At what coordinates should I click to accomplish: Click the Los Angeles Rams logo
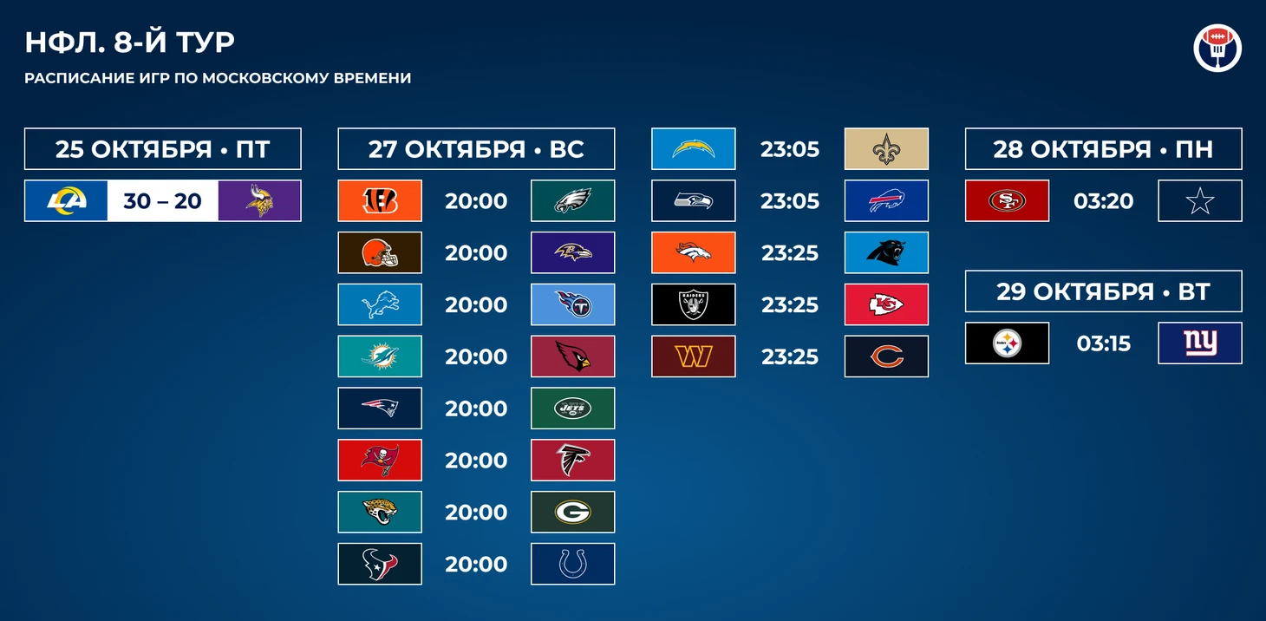66,200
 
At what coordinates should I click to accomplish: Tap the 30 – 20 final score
162,201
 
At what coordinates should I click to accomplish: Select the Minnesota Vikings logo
259,200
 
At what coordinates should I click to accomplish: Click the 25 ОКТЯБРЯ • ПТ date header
163,149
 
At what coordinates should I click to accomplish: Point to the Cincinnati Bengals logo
380,200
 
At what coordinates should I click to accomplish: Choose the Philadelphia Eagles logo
572,200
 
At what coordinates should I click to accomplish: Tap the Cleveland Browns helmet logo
380,252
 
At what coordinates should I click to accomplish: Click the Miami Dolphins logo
380,356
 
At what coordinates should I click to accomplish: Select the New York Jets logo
572,408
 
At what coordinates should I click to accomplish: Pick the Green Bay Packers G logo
572,512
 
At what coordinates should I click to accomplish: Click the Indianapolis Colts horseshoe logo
572,564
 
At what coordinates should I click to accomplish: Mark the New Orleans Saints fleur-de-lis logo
886,149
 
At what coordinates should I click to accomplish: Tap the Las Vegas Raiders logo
694,304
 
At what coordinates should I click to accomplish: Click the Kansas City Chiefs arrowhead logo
886,304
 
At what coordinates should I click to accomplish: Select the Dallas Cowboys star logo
1200,201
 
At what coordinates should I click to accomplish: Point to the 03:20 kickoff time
1103,201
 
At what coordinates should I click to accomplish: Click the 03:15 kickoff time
1103,343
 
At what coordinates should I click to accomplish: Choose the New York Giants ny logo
1200,343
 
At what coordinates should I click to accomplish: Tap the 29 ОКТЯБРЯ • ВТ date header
1103,291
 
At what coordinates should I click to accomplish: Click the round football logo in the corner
1217,48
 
